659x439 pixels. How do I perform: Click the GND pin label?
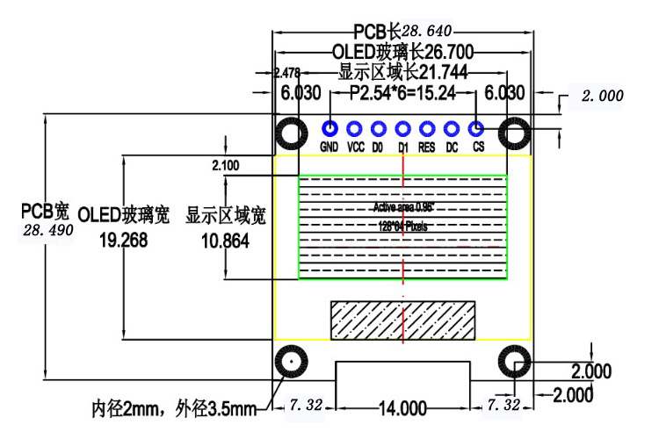329,148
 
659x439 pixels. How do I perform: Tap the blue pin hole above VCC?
355,129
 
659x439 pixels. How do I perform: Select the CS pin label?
478,148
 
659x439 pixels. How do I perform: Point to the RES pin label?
427,148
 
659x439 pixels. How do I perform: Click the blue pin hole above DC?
453,129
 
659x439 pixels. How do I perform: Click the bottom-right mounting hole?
513,362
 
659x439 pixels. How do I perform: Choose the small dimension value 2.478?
288,73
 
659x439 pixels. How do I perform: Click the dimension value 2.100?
226,165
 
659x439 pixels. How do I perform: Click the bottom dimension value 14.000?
402,408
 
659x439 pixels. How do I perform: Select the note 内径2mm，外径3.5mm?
174,408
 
